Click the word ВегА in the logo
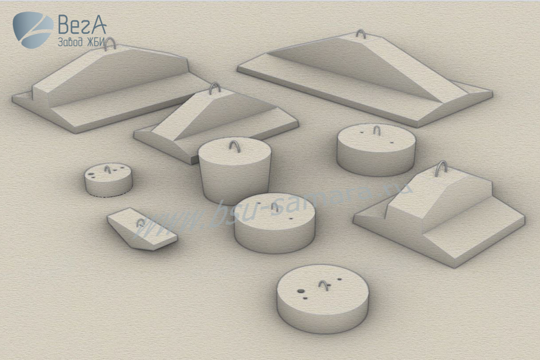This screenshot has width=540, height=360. coord(82,24)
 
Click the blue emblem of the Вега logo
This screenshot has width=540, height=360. coord(33,30)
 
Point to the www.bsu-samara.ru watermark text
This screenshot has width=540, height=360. coord(272,209)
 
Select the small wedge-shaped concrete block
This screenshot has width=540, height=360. coord(142,229)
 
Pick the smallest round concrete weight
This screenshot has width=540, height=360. coord(108,180)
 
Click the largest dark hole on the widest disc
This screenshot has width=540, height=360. coord(301,291)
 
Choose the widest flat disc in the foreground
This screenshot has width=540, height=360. coord(323,299)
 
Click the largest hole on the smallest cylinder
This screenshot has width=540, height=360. coord(91,174)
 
